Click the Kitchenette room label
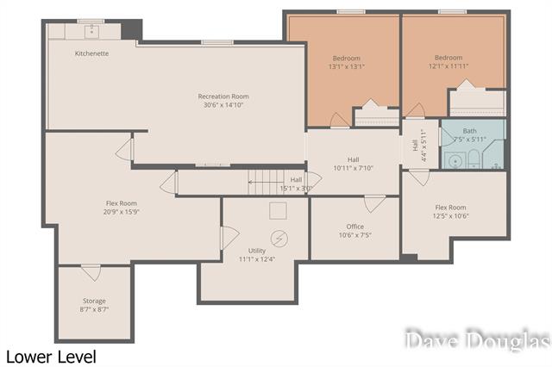(91, 53)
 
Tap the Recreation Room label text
(223, 96)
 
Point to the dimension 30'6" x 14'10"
(223, 106)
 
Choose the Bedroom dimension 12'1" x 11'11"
(448, 66)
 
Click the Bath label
(469, 131)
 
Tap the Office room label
(354, 227)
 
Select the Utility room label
(257, 251)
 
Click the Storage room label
(94, 301)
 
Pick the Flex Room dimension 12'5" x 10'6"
(450, 216)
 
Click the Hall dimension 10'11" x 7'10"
(353, 168)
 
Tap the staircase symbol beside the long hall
(265, 178)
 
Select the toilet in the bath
(473, 158)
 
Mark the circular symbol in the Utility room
(279, 238)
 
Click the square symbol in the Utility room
(278, 210)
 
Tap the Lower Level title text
(50, 356)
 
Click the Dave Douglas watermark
(477, 341)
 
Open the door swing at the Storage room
(91, 272)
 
